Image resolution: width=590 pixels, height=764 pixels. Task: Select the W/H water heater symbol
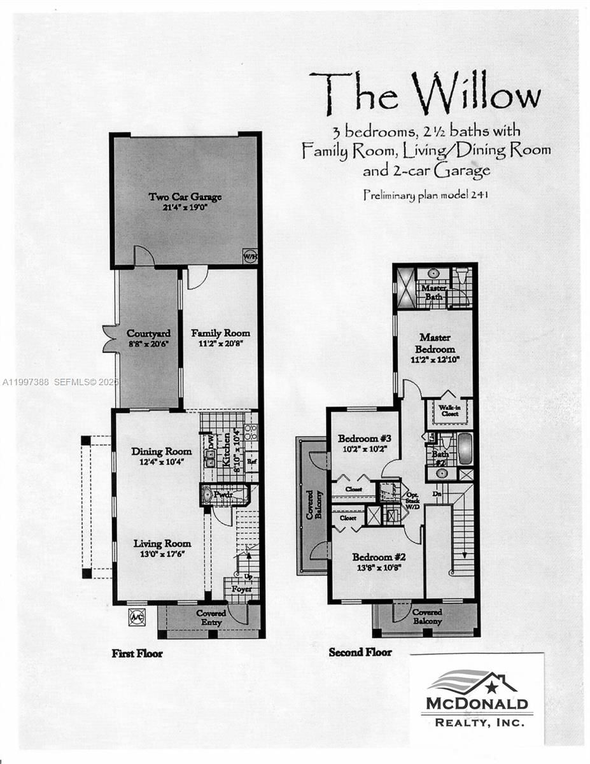click(x=249, y=257)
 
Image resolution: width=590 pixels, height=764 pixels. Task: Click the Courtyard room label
click(x=148, y=334)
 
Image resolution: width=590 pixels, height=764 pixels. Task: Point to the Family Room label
click(x=220, y=333)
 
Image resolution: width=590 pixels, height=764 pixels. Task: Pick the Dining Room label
click(x=161, y=451)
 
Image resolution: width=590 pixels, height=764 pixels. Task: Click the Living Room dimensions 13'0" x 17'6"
click(x=162, y=554)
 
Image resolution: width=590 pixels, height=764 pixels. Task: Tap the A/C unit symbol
click(x=136, y=616)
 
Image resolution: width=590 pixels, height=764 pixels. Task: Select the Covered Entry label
click(x=211, y=617)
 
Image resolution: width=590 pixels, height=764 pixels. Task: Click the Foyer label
click(x=241, y=589)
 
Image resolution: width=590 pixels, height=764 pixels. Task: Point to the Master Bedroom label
click(x=435, y=343)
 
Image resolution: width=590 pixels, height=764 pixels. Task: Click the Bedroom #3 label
click(x=364, y=439)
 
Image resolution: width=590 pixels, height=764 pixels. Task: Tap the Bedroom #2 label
click(x=379, y=557)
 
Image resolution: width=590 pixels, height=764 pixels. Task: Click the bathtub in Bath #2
click(x=465, y=449)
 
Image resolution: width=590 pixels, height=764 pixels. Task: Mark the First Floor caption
click(x=137, y=653)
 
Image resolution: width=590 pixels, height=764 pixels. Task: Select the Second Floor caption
click(x=360, y=652)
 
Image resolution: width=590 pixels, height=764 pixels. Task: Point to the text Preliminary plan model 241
click(x=426, y=195)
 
